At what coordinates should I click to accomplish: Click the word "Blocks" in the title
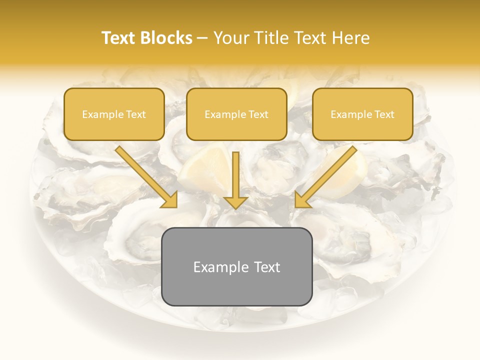pos(166,38)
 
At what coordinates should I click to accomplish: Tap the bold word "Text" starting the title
pos(119,38)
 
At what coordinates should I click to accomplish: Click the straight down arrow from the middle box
pos(236,175)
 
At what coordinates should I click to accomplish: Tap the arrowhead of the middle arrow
pos(236,201)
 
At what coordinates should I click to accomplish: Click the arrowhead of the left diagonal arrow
pos(170,199)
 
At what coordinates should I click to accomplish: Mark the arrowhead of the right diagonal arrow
pos(302,199)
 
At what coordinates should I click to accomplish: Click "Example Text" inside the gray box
pos(236,267)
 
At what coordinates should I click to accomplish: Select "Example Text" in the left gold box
pos(114,114)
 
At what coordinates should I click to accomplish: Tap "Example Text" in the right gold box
pos(362,114)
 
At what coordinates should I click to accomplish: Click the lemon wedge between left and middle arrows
pos(202,170)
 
